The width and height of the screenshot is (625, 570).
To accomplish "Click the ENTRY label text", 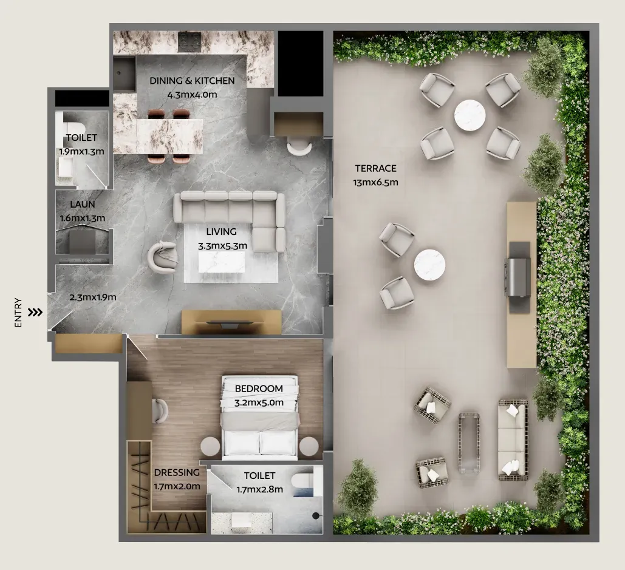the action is tap(18, 313).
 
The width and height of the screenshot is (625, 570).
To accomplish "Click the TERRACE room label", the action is tap(375, 169).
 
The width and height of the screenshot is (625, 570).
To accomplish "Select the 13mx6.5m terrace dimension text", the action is tap(375, 183).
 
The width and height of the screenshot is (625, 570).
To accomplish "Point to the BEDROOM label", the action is tap(259, 388).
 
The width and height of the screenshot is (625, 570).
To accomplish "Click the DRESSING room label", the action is tap(177, 472).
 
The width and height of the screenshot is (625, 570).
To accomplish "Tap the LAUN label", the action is tap(83, 205).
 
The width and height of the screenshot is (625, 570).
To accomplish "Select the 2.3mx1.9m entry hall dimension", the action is tap(92, 297).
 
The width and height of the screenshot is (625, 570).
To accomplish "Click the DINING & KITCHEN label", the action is tap(192, 81).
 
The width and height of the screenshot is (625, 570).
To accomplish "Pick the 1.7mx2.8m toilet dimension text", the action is tap(259, 489).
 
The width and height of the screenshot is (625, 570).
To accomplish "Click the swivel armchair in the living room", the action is tap(163, 257).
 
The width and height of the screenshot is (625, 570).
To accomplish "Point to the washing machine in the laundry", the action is tap(83, 242).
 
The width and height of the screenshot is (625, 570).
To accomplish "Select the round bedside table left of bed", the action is tap(210, 447).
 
